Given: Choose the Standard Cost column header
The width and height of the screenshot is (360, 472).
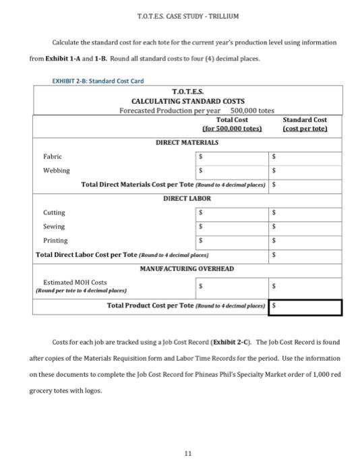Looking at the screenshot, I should tap(305, 120).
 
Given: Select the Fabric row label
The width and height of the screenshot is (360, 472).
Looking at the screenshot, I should tap(53, 156).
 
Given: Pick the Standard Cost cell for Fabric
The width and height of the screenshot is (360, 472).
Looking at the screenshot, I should tap(305, 156).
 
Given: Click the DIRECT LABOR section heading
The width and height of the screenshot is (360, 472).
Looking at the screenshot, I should tap(187, 198).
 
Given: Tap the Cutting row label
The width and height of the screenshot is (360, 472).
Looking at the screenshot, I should tap(54, 212).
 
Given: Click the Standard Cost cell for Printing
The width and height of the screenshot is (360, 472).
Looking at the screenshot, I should tap(305, 240).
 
